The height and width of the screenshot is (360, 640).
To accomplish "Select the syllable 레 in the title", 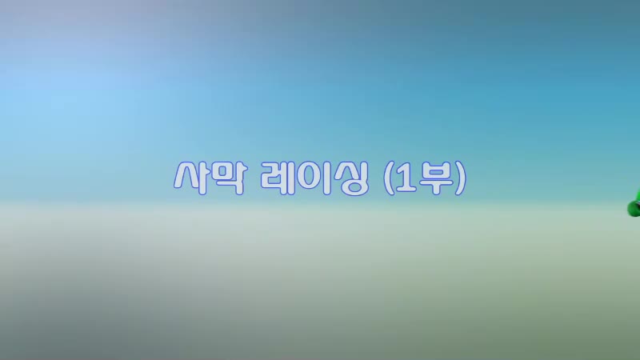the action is (278, 178).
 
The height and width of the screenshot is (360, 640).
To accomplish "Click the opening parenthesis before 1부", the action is (389, 178).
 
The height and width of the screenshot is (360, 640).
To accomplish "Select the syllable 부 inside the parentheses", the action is (435, 178).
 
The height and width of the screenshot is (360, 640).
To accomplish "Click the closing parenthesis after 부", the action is (461, 178).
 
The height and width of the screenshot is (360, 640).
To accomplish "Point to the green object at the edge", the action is (634, 205).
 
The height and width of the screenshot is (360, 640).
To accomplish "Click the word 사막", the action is (210, 178).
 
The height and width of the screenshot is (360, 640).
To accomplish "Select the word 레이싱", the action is (314, 178).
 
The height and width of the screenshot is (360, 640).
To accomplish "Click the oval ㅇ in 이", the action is (309, 178).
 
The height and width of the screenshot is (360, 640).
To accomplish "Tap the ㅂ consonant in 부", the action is (435, 170).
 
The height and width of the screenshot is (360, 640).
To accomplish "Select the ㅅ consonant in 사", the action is (186, 176).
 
